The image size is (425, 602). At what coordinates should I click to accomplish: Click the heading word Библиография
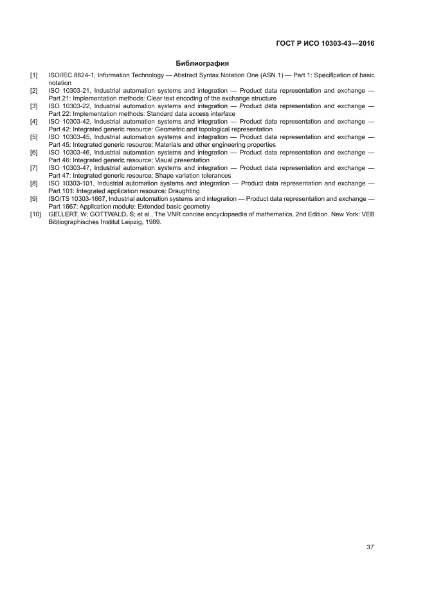[x=203, y=63]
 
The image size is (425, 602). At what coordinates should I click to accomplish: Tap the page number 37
[x=370, y=547]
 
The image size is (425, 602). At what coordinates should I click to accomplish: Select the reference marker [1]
[x=33, y=76]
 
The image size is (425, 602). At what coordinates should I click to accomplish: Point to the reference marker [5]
[x=33, y=137]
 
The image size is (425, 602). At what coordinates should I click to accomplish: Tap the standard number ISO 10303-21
[x=70, y=91]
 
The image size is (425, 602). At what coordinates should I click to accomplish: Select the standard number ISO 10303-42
[x=70, y=122]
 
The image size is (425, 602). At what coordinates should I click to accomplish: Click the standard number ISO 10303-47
[x=70, y=168]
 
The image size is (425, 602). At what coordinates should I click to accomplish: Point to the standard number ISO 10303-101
[x=72, y=183]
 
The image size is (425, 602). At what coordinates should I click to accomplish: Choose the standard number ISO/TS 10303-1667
[x=78, y=198]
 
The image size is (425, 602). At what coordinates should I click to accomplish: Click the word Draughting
[x=184, y=191]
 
